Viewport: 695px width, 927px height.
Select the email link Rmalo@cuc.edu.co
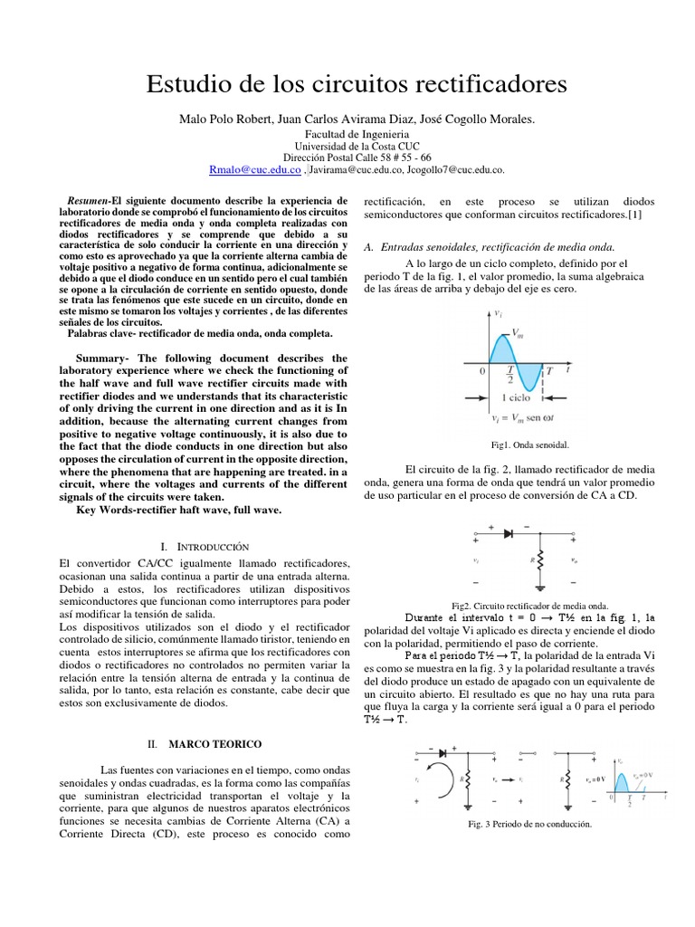coord(254,168)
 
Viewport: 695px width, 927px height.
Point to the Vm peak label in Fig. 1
coord(517,332)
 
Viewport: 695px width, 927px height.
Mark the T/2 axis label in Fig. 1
coord(510,375)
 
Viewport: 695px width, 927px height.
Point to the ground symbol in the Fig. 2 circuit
coord(541,585)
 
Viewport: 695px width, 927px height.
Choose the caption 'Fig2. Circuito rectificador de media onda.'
coord(529,606)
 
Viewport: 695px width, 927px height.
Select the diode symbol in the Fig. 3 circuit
coord(443,752)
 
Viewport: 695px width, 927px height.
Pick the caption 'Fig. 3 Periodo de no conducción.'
coord(529,825)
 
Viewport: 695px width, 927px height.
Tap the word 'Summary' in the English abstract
coord(102,358)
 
